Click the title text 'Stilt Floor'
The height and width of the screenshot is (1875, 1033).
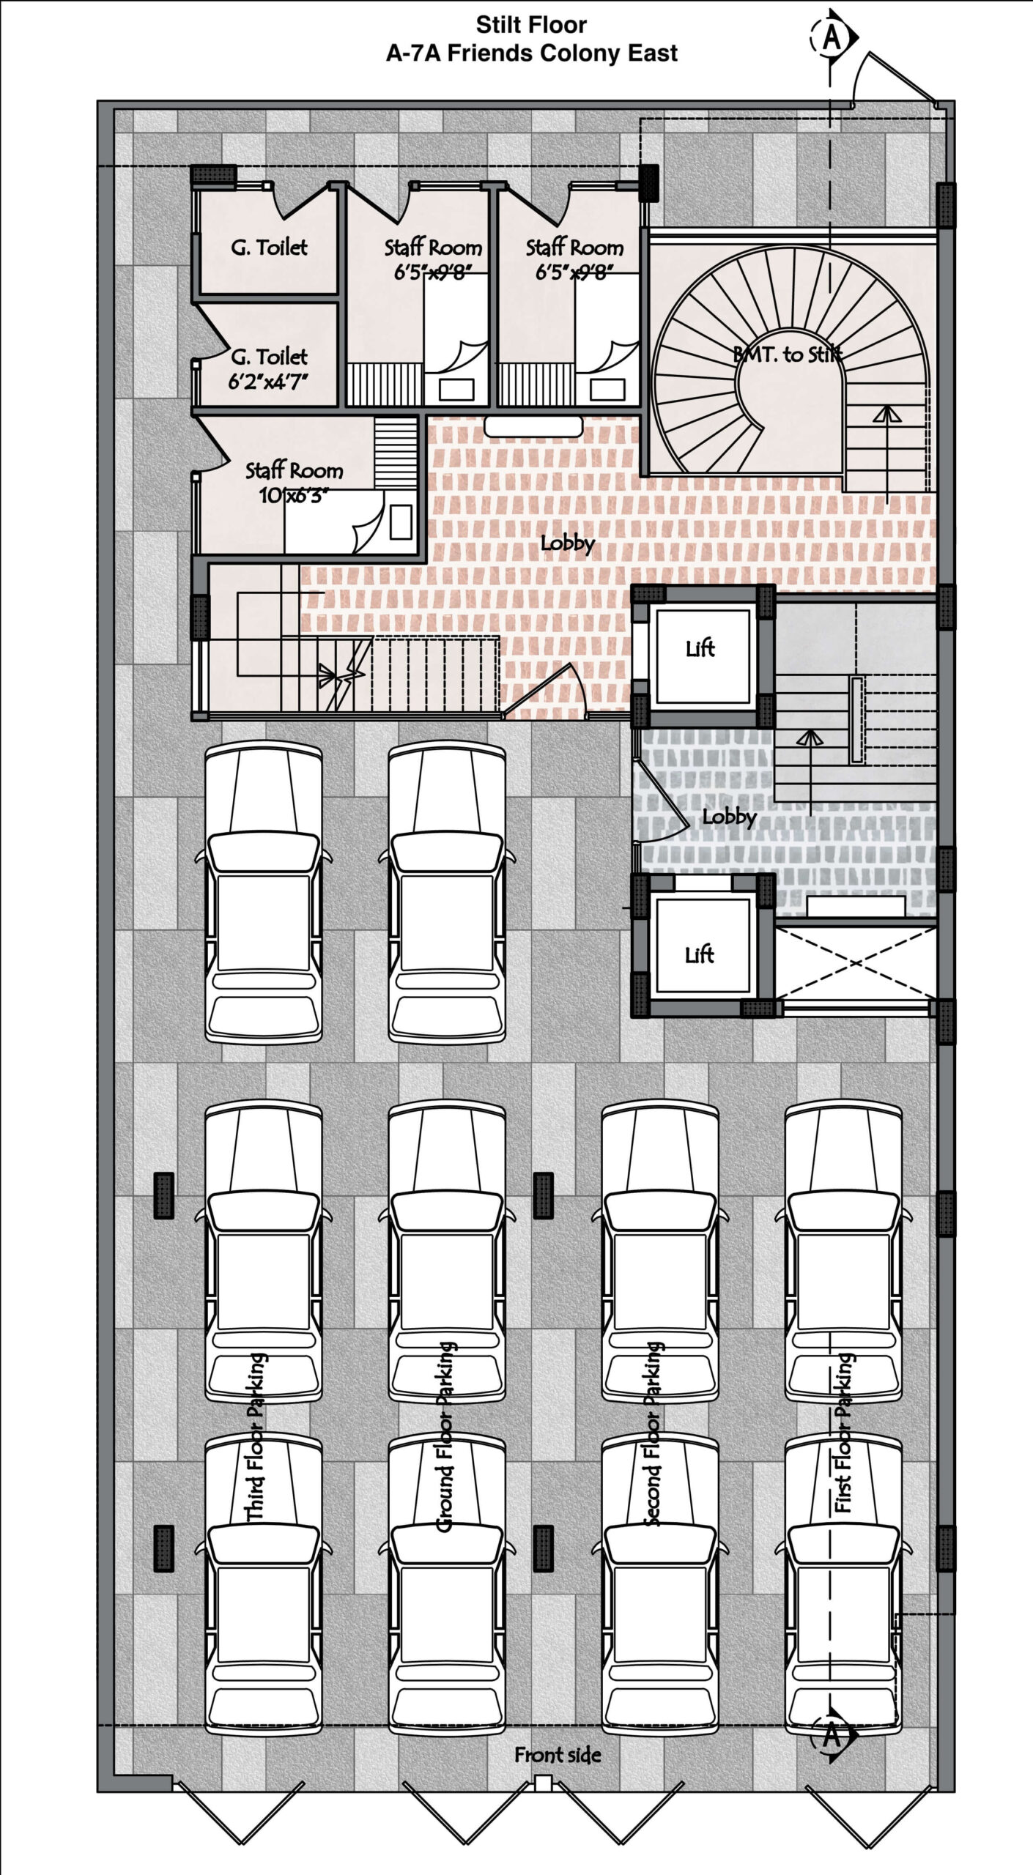tap(531, 25)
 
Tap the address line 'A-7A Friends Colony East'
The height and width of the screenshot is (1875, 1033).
tap(532, 53)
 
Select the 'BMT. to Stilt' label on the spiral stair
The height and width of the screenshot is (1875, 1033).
tap(788, 354)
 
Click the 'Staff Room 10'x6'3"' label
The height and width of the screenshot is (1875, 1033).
tap(294, 483)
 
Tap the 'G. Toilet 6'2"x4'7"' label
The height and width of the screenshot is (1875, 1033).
tap(269, 369)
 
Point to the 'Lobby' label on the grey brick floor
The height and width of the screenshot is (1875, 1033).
tap(729, 817)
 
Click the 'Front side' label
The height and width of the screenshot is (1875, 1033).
tap(558, 1755)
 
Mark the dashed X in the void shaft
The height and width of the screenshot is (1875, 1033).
tap(856, 962)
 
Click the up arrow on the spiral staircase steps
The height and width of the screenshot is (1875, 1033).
tap(887, 454)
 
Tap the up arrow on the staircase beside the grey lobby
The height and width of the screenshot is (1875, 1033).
tap(810, 772)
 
